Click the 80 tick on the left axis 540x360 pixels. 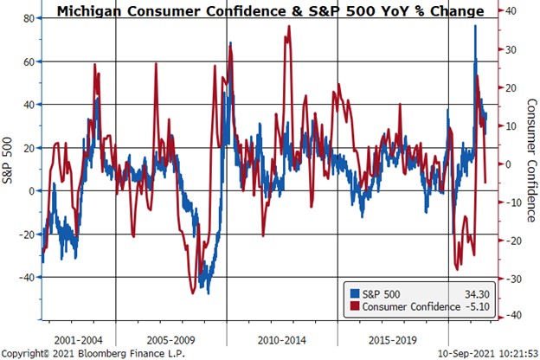(28, 18)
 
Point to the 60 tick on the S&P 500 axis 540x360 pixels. (28, 61)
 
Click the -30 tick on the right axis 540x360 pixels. (511, 279)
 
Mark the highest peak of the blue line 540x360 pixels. (475, 26)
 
